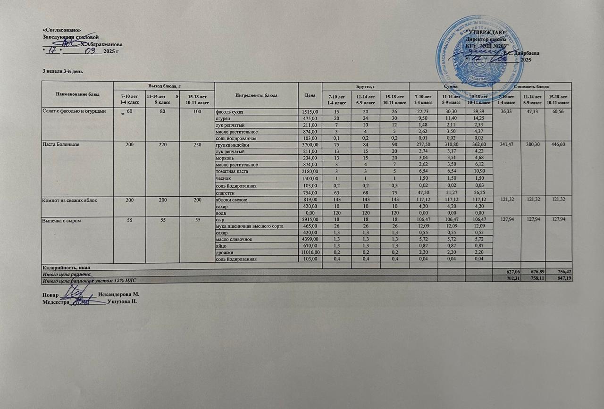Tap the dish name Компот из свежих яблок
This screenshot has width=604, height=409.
[70, 200]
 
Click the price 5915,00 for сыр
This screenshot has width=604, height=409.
[310, 220]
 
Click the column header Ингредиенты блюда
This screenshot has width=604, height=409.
[256, 95]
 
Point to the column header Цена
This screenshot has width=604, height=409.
[310, 95]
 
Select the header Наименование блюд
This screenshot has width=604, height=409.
[77, 94]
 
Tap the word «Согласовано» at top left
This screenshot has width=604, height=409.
[58, 30]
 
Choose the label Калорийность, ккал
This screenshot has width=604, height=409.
[66, 266]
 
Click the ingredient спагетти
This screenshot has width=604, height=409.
[225, 193]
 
